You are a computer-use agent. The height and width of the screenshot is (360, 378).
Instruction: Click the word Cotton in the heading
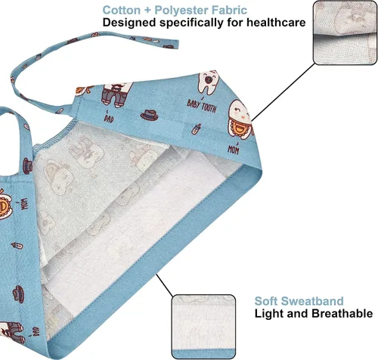point(122,11)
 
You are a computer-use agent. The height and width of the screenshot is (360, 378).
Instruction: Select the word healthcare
point(276,23)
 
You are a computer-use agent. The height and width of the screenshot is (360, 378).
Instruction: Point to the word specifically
point(191,23)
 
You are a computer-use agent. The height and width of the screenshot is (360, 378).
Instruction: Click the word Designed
point(129,23)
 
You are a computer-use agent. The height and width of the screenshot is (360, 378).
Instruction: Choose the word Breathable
point(342,313)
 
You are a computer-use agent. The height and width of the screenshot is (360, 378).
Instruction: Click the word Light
point(268,314)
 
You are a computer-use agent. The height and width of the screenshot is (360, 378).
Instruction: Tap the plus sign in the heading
point(147,11)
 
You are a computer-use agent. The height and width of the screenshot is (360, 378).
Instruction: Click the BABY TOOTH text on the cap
point(202,105)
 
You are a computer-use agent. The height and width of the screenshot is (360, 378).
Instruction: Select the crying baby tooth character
point(209,82)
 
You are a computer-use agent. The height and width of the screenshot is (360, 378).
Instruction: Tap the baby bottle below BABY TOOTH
point(196,129)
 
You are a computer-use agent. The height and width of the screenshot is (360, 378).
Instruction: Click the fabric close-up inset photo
point(345,33)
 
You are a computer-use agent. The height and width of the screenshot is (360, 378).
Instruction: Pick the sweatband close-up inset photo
point(203,327)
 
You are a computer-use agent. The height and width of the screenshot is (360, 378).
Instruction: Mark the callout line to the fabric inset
point(283,92)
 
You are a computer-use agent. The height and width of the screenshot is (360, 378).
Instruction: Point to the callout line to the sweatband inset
point(164,285)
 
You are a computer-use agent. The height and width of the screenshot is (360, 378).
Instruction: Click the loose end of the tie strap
point(178,44)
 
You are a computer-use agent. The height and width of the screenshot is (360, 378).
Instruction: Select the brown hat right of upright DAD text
point(149,115)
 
